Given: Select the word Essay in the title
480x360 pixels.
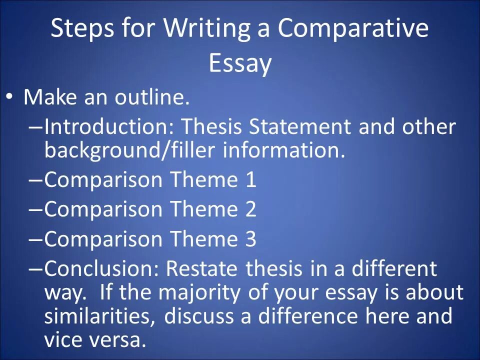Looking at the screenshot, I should pyautogui.click(x=240, y=63).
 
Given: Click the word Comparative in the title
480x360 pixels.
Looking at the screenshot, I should pyautogui.click(x=353, y=29).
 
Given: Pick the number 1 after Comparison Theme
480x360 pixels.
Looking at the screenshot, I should pyautogui.click(x=251, y=180).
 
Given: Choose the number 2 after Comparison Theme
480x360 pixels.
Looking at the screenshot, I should pyautogui.click(x=251, y=209).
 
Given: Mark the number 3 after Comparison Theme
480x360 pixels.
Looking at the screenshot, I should pyautogui.click(x=251, y=239).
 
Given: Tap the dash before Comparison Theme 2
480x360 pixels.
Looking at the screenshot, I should pyautogui.click(x=36, y=210).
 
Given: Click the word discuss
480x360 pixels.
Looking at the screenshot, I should pyautogui.click(x=198, y=316).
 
